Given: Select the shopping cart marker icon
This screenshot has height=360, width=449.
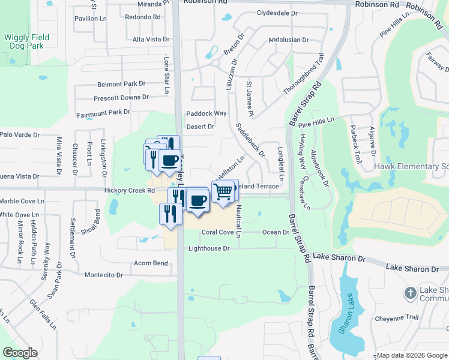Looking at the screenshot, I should click(223, 192).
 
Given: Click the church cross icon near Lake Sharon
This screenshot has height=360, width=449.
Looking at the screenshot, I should click(410, 293).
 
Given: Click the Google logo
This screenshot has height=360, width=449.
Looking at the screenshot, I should click(21, 352).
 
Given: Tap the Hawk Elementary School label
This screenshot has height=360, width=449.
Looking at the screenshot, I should click(411, 166).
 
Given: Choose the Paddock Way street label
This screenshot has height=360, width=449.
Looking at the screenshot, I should click(206, 113).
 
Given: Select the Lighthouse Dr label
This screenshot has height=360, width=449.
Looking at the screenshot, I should click(209, 248).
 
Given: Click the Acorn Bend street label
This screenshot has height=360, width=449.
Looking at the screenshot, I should click(151, 263).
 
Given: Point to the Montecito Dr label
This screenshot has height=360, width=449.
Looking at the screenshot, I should click(103, 275).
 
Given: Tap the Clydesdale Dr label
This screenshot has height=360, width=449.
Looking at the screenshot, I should click(277, 13).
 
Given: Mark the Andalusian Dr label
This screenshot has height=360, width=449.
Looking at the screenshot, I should click(288, 40).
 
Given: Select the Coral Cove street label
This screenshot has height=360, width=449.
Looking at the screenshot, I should click(217, 232).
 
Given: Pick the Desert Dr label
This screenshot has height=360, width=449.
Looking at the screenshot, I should click(200, 127).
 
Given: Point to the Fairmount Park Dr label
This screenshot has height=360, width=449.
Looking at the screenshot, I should click(103, 112).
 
